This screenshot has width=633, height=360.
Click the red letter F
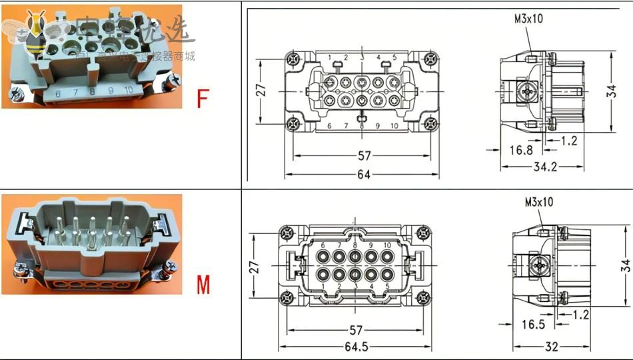coord(202,99)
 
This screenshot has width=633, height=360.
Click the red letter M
coord(203,285)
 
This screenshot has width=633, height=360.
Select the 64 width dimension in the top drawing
coord(363,175)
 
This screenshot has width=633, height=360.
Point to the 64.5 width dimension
coord(360,347)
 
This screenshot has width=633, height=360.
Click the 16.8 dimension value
coord(521,150)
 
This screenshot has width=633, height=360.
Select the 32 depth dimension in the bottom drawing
coord(552,347)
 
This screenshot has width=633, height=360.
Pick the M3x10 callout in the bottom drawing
coord(538,201)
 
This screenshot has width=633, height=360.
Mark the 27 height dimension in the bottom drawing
coord(255,267)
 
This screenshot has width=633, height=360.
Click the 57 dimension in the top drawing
coord(364,156)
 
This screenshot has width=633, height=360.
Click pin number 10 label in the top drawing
coord(394,125)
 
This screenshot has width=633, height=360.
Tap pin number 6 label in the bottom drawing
coord(323,245)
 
